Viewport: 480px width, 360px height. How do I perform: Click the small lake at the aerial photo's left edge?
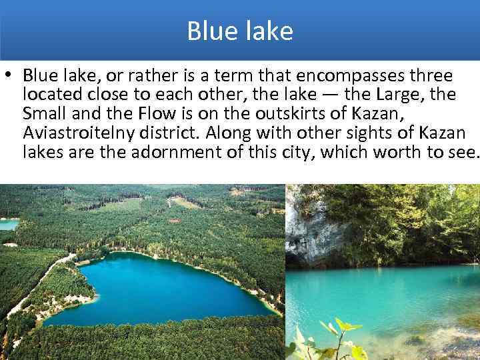point(8,225)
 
